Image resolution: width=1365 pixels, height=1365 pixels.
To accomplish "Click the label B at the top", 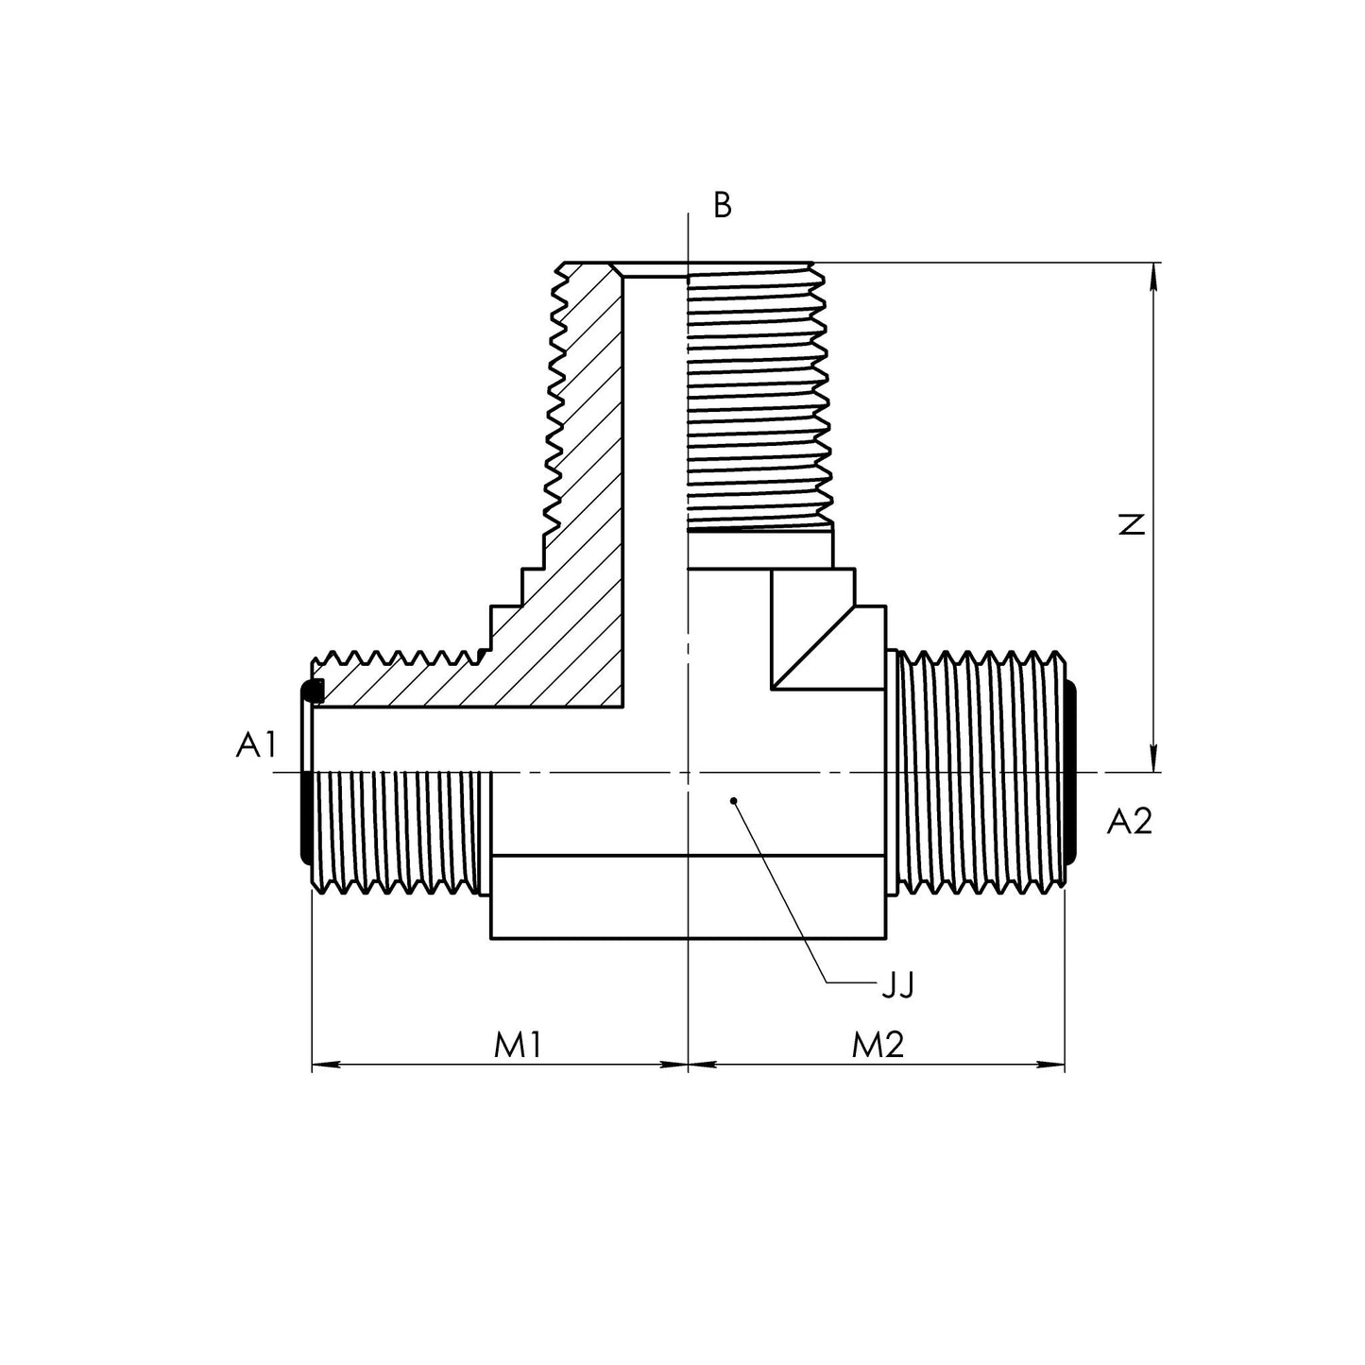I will (723, 206).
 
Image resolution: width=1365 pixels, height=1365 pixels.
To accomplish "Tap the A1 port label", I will (256, 745).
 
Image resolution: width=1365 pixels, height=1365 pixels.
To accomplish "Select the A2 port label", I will (1130, 822).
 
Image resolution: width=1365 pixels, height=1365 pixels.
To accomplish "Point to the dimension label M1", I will (518, 1045).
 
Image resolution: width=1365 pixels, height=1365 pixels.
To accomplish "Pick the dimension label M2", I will (878, 1045).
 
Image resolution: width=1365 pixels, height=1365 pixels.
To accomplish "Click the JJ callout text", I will (897, 985).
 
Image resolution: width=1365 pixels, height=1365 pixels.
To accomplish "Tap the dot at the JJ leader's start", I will (734, 801).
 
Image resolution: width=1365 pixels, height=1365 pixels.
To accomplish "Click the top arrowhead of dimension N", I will (1153, 274).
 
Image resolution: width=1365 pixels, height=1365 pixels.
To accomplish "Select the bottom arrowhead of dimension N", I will (1153, 760).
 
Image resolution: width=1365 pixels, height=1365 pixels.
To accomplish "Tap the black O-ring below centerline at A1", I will (305, 817).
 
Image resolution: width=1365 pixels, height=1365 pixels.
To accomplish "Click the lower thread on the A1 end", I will (397, 831).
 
